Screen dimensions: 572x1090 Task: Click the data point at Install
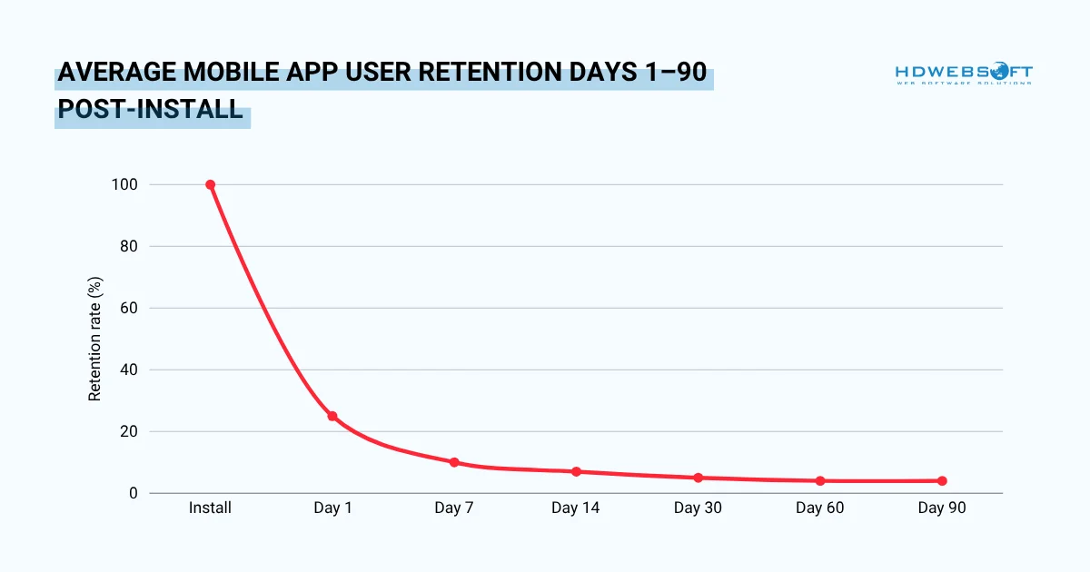pyautogui.click(x=210, y=184)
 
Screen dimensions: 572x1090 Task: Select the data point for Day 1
pyautogui.click(x=332, y=416)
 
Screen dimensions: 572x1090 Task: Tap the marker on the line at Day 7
pyautogui.click(x=454, y=462)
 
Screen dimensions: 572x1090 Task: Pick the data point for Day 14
pyautogui.click(x=576, y=471)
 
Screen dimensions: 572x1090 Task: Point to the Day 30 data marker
pyautogui.click(x=698, y=478)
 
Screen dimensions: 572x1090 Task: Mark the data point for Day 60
pyautogui.click(x=820, y=480)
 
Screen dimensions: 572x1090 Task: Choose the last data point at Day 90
pyautogui.click(x=942, y=480)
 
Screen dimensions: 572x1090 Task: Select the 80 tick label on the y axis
pyautogui.click(x=128, y=246)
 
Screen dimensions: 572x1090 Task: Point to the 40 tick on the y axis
pyautogui.click(x=128, y=370)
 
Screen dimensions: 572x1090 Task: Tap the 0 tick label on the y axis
pyautogui.click(x=133, y=493)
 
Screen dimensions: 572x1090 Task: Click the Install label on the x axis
pyautogui.click(x=210, y=508)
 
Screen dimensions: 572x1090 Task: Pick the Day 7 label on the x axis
pyautogui.click(x=454, y=508)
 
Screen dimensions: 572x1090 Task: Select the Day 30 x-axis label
pyautogui.click(x=698, y=508)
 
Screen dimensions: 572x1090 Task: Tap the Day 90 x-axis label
pyautogui.click(x=942, y=508)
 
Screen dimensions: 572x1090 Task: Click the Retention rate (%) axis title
pyautogui.click(x=94, y=339)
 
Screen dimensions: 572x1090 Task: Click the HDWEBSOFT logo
pyautogui.click(x=963, y=74)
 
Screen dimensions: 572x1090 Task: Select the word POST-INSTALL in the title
pyautogui.click(x=151, y=111)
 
